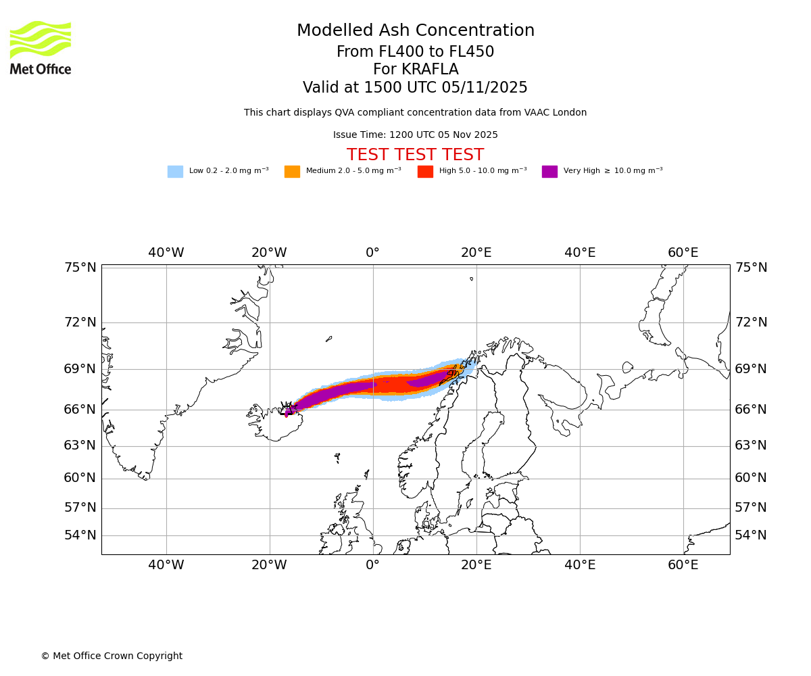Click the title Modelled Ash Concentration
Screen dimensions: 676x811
(x=416, y=31)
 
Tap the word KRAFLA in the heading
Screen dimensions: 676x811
(x=416, y=70)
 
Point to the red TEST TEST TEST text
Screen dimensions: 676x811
(x=415, y=155)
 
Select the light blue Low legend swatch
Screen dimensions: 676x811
(x=175, y=172)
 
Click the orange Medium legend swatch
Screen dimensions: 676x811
(x=292, y=172)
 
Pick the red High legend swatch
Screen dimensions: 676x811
(x=425, y=172)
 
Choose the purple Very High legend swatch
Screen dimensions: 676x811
(x=549, y=172)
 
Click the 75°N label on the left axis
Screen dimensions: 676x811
(x=80, y=268)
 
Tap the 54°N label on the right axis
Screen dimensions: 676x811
(x=751, y=535)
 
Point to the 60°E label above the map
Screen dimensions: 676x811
(x=683, y=253)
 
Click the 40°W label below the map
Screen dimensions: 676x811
(x=166, y=565)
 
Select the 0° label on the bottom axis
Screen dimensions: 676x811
(x=372, y=565)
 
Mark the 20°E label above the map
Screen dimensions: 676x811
(x=476, y=253)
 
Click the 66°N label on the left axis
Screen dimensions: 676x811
(x=80, y=410)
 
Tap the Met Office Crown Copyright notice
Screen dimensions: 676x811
(x=112, y=656)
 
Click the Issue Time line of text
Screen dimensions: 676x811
(x=415, y=135)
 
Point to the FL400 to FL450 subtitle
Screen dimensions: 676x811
(x=416, y=52)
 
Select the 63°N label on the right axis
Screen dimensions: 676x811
(x=751, y=445)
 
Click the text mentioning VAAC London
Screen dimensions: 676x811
(x=415, y=113)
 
